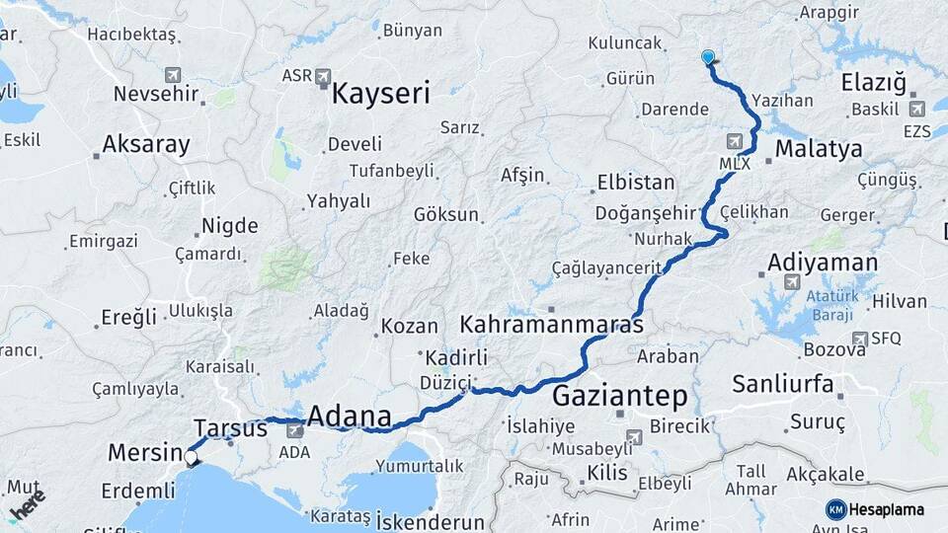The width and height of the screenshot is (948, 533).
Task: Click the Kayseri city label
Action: tap(381, 95)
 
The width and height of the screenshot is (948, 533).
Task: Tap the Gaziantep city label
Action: tap(619, 397)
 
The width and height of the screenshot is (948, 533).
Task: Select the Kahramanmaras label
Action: tap(552, 324)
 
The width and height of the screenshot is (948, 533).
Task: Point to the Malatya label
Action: tap(819, 149)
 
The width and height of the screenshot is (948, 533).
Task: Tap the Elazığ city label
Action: tap(874, 83)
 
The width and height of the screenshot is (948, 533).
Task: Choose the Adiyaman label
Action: tap(822, 263)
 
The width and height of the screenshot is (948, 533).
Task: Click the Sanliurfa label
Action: tap(782, 384)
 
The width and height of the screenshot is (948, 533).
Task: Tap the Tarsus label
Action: tap(230, 428)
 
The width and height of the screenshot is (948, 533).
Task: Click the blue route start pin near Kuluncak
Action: tap(708, 58)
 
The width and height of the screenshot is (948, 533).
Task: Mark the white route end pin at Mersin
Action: tap(191, 457)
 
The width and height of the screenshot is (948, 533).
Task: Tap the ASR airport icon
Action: tap(324, 75)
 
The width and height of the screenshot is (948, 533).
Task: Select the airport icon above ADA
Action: tap(294, 431)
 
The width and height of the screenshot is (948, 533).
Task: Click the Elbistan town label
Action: tap(636, 183)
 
